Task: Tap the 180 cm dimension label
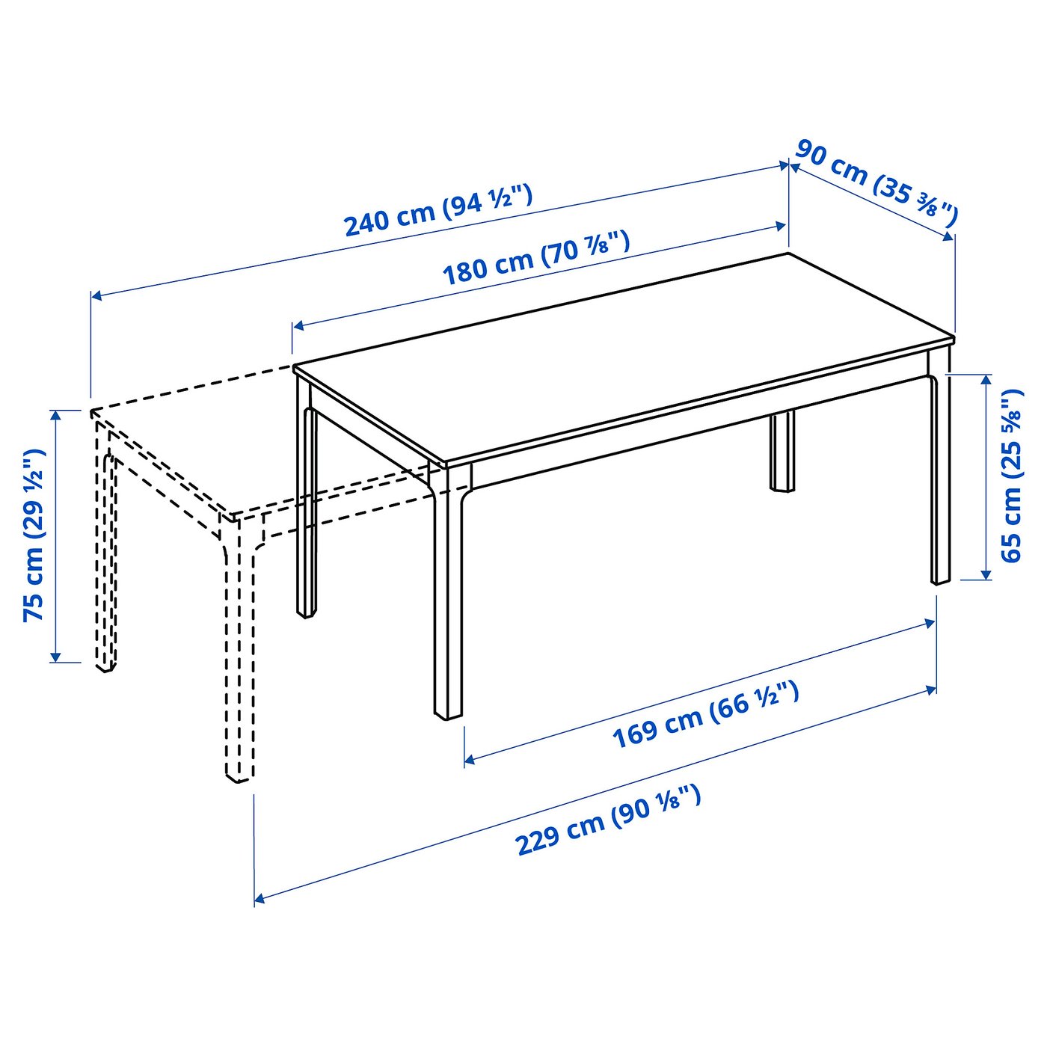pos(535,259)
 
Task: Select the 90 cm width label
pos(875,182)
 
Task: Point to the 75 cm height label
pos(34,535)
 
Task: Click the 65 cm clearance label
pos(1011,476)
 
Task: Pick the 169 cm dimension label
pos(705,715)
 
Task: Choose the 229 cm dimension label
pos(608,820)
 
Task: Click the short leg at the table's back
pos(782,452)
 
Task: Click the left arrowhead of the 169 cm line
pos(469,761)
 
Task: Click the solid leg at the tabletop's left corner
pos(305,501)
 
